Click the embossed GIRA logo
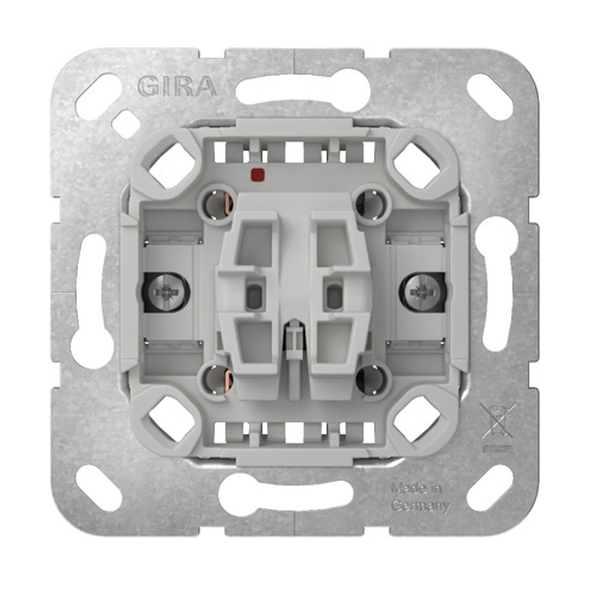point(178,86)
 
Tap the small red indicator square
point(257,174)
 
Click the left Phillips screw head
point(167,292)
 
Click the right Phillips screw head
point(422,292)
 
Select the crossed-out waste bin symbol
point(497,421)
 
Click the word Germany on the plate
point(420,506)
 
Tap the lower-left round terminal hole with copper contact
point(218,379)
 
